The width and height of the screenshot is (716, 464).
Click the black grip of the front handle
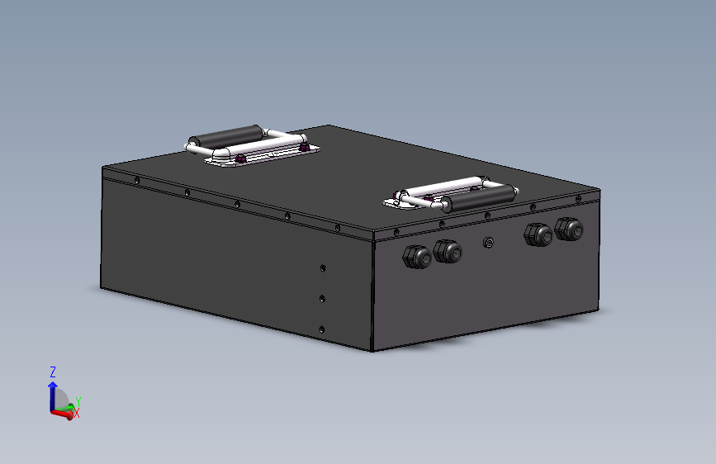[x=468, y=199]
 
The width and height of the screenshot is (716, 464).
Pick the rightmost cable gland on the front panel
[x=569, y=230]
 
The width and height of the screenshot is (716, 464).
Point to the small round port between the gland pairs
[x=488, y=243]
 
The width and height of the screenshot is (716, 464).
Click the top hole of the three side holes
[x=322, y=268]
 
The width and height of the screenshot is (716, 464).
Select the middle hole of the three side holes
[x=322, y=299]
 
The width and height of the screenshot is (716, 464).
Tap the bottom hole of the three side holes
[x=321, y=329]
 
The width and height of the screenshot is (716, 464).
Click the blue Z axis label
[x=53, y=372]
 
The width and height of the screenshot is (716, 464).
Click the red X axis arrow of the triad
[x=61, y=414]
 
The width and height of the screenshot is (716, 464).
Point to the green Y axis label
[x=77, y=401]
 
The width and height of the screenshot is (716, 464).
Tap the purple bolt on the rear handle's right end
[x=305, y=148]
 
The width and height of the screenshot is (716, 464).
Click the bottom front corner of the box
[x=372, y=350]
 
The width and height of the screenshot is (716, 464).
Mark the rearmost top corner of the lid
[x=330, y=125]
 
